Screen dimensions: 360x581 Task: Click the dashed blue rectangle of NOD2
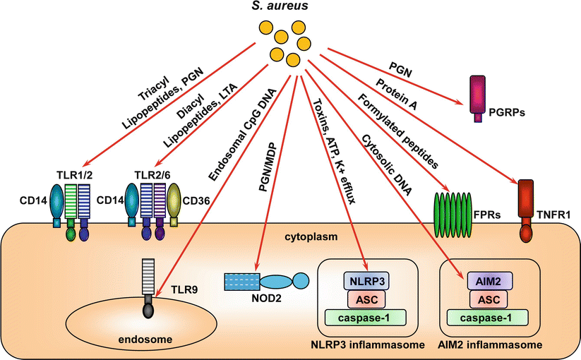tap(242, 281)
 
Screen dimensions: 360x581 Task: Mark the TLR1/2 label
tap(74, 173)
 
